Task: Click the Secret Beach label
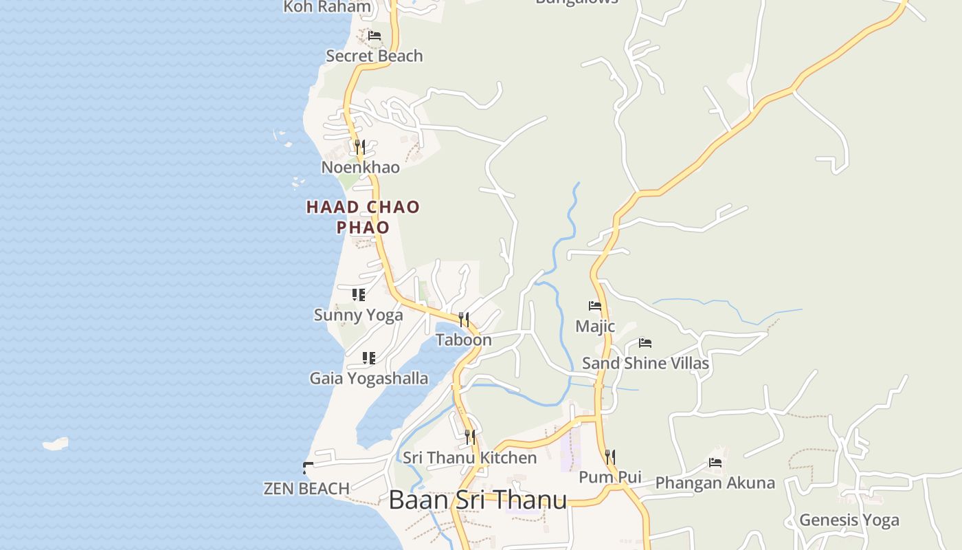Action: coord(374,56)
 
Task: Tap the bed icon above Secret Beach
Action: coord(374,35)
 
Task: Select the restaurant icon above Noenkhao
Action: coord(359,146)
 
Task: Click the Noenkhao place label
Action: coord(360,167)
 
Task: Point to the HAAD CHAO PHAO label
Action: coord(363,217)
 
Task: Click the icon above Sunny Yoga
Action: coord(358,295)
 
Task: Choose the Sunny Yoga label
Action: coord(358,315)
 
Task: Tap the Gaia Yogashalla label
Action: coord(368,378)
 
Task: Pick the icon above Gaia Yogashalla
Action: coord(369,358)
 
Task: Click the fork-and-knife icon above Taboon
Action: coord(464,319)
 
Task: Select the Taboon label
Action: coord(463,340)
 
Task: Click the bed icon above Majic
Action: coord(595,305)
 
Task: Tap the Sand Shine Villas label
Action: coord(645,363)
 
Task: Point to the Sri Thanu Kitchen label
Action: coord(469,457)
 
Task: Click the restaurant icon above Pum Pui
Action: coord(609,456)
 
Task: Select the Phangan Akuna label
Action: coord(715,483)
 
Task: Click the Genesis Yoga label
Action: coord(849,520)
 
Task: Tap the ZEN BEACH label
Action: coord(306,488)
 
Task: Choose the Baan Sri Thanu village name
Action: coord(478,500)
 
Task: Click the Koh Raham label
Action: coord(327,7)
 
